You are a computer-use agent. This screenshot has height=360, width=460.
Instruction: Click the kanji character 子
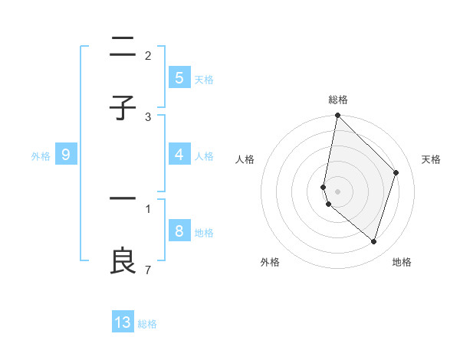point(123,108)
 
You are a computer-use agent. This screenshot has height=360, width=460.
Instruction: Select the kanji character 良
point(123,260)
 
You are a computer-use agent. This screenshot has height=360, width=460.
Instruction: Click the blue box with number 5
point(179,78)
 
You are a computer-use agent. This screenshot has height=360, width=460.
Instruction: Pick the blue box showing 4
point(179,155)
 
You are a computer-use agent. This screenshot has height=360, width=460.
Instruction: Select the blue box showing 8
point(179,231)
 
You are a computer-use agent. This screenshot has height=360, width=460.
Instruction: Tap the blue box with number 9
point(66,155)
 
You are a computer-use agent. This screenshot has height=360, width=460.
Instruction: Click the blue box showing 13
point(123,322)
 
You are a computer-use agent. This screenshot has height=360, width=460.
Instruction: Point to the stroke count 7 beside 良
point(147,270)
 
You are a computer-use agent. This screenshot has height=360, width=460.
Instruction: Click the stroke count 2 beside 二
point(147,55)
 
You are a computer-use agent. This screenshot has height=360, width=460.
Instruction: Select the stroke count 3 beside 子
point(147,116)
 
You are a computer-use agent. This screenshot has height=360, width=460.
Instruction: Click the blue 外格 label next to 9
point(41,155)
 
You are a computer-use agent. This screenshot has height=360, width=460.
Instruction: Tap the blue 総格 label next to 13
point(147,323)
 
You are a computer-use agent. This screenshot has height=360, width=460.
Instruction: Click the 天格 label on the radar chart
point(431,159)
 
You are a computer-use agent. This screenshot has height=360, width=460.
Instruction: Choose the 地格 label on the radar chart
point(402,262)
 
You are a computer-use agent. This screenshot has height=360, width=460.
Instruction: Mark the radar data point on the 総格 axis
point(337,115)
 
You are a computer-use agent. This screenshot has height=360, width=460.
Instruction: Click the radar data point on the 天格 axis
point(396,172)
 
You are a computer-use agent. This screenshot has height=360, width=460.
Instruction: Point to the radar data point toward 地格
point(373,241)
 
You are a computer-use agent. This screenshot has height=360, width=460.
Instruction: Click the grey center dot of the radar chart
point(337,191)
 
